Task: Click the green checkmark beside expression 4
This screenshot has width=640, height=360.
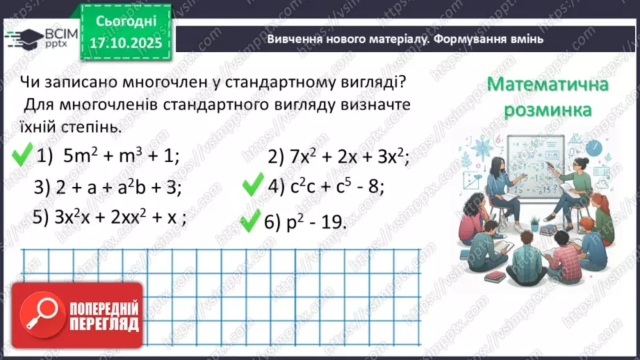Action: tap(252, 186)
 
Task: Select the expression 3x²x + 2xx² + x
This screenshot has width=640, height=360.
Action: tap(110, 217)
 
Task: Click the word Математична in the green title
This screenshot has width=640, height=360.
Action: tap(548, 85)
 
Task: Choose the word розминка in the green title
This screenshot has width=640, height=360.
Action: tap(548, 109)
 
